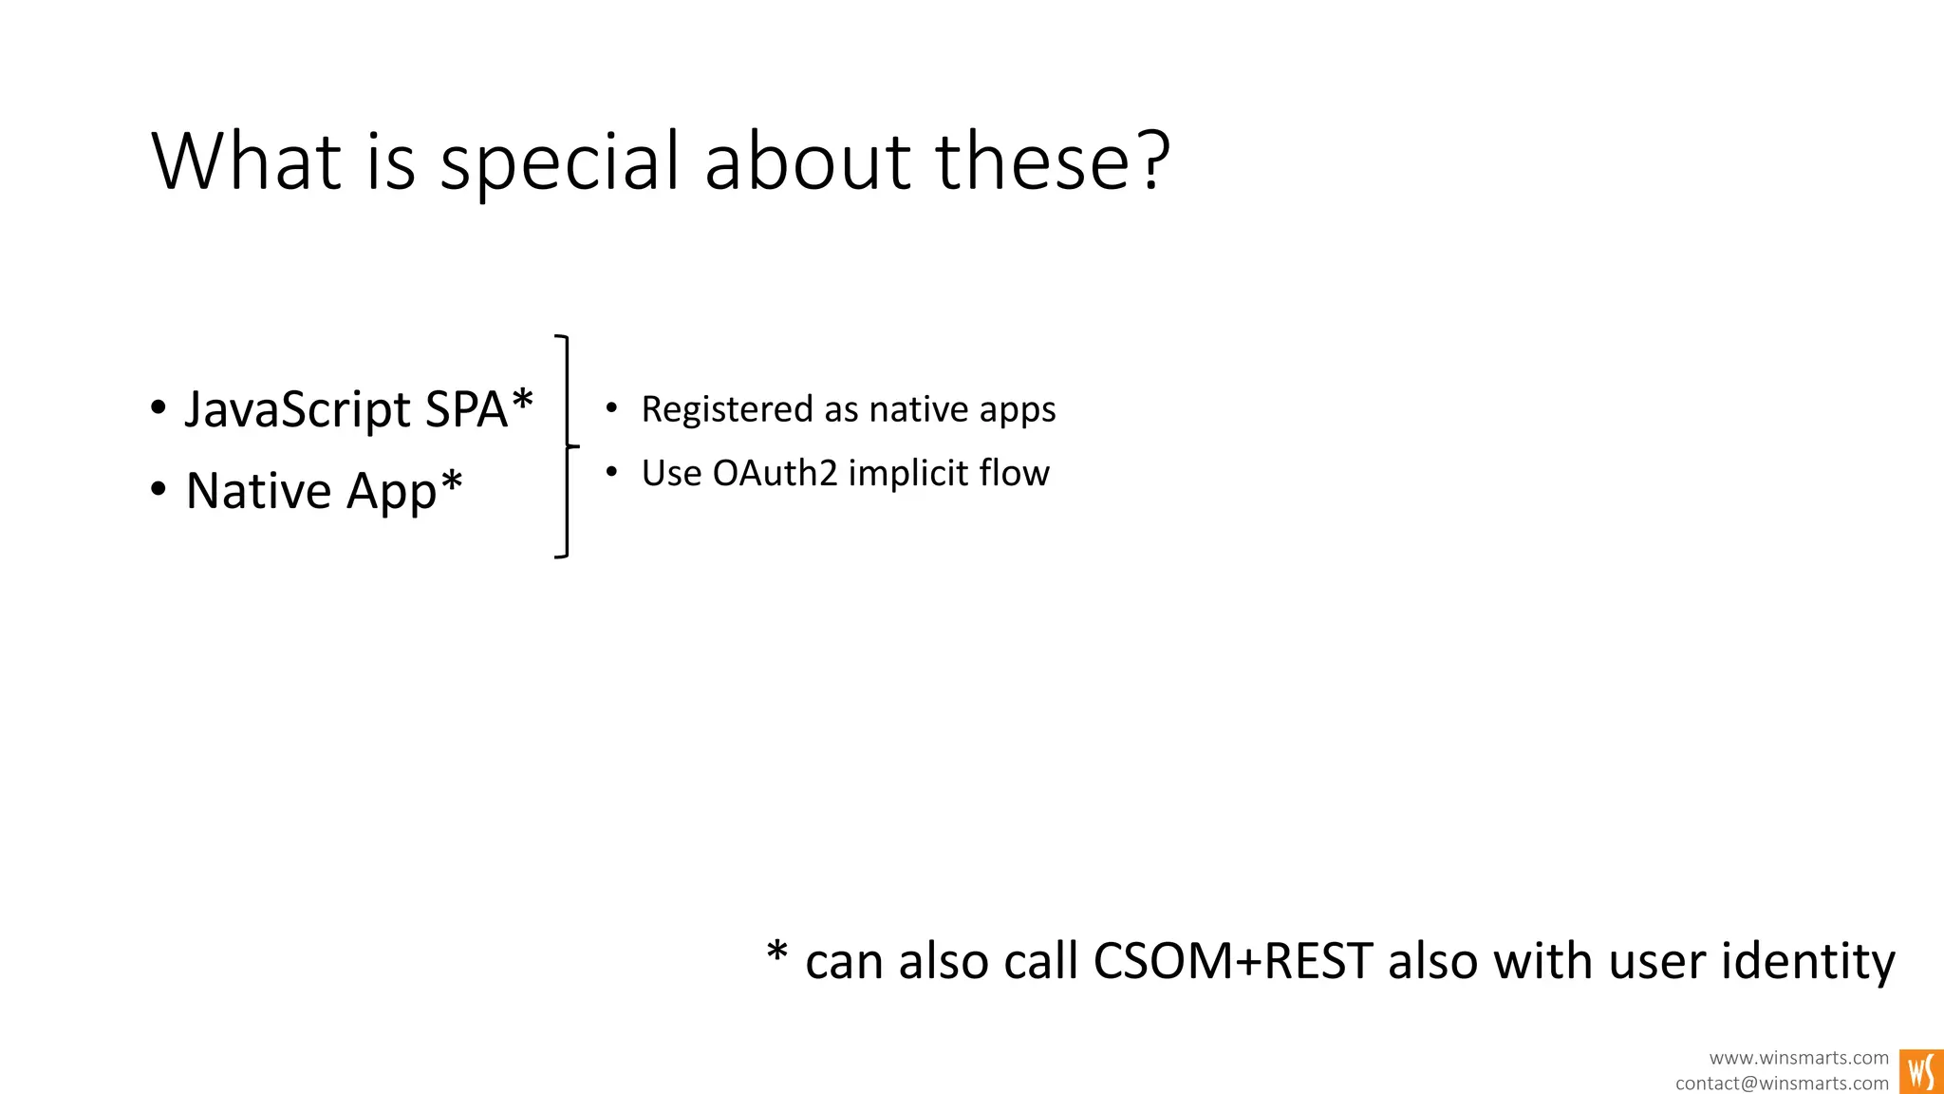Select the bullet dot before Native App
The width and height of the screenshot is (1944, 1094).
coord(159,491)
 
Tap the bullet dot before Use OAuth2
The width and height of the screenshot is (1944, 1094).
coord(611,472)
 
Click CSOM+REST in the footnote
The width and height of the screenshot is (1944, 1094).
coord(1232,960)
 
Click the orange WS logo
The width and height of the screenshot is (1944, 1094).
coord(1921,1071)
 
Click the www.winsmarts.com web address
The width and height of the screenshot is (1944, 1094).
coord(1799,1058)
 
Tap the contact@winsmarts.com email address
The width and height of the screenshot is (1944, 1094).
coord(1782,1084)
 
